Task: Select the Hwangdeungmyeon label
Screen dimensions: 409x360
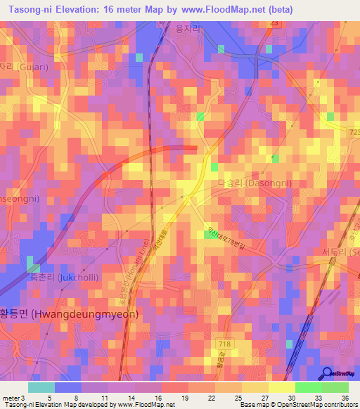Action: [x=69, y=313]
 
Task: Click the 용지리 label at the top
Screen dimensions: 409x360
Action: [x=188, y=29]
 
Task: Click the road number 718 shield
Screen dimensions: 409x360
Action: [x=225, y=342]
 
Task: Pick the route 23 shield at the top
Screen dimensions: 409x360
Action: [x=273, y=23]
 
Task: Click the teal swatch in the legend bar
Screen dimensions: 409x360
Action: [x=41, y=387]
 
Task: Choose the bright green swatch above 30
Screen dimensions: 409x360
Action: [x=308, y=387]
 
